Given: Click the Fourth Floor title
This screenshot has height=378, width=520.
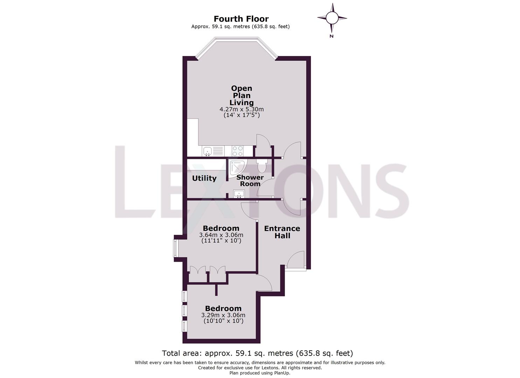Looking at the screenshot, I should point(241,19).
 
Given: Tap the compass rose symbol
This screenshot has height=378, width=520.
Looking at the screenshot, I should point(332,17).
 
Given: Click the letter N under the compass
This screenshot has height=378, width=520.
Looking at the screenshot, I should point(331,36).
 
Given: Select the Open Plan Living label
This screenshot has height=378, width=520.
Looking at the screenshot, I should point(242,95).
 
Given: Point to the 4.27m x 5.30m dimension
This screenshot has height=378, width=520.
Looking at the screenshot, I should point(242,110).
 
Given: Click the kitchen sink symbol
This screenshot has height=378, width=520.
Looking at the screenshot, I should point(207,151).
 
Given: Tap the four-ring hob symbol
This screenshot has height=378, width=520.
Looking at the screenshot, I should point(238,151).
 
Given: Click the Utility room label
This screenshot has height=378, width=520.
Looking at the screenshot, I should point(204,178).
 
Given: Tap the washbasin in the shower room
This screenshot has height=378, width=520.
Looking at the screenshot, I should point(239,194).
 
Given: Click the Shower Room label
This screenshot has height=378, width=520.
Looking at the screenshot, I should point(250,180).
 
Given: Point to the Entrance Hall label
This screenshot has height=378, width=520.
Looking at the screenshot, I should point(282,232).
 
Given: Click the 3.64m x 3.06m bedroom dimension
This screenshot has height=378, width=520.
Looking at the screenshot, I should point(221,235).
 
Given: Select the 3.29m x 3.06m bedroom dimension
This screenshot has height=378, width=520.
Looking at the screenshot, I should point(223,315).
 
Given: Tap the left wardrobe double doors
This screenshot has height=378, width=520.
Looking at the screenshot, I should point(197,270).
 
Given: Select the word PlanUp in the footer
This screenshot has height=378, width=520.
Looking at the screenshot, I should point(279,373).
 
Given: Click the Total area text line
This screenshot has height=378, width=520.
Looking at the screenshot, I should point(257,353).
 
